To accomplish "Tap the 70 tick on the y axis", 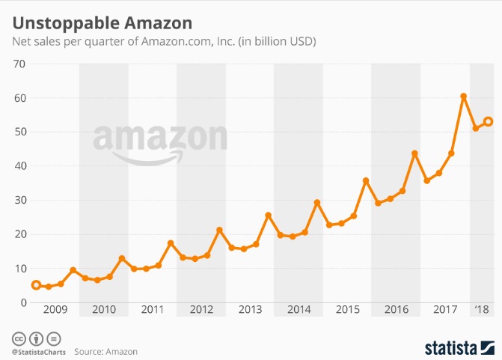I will tap(19, 64).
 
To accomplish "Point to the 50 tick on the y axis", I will tap(19, 132).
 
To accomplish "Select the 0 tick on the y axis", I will tap(22, 302).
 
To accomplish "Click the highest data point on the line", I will tap(464, 97).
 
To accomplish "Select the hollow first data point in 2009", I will tap(36, 285).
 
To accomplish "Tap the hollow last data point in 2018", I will tap(488, 121).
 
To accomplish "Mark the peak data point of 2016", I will tap(414, 153).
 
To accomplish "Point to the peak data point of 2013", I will tap(268, 216).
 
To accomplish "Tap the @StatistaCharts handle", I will tap(38, 350).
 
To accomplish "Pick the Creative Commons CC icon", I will tap(16, 338).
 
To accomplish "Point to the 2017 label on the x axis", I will tap(445, 309).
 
